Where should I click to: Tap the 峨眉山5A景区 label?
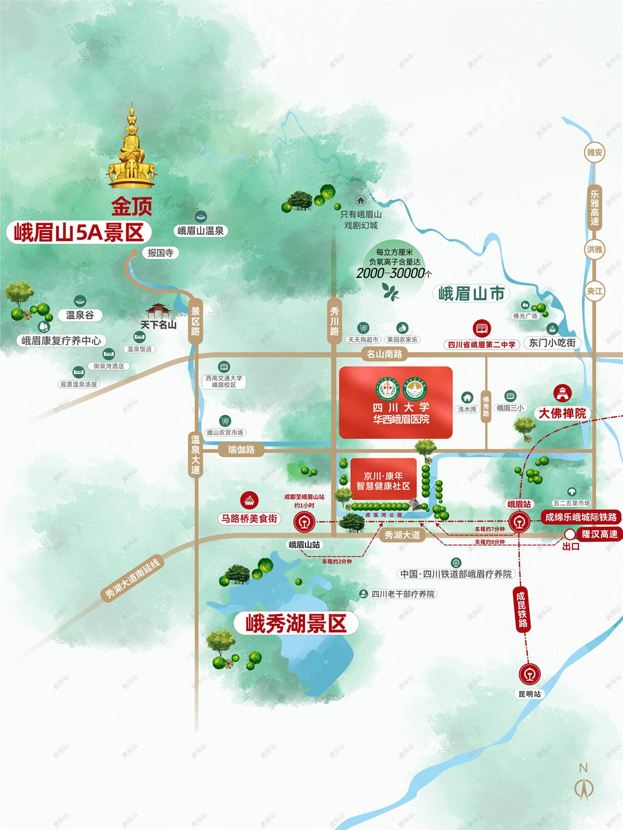79,233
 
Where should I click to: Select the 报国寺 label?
160,253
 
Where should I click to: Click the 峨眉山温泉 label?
200,230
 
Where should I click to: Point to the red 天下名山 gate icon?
158,311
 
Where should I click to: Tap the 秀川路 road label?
334,320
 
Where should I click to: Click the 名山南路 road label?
384,354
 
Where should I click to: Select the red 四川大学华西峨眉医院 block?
396,402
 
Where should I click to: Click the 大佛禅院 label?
562,413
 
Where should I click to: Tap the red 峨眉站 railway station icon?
519,522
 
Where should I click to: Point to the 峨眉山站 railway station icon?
304,522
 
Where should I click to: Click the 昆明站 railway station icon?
530,674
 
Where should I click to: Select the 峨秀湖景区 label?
296,623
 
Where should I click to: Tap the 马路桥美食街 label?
250,518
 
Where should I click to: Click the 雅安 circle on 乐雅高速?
594,152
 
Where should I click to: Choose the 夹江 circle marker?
594,291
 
